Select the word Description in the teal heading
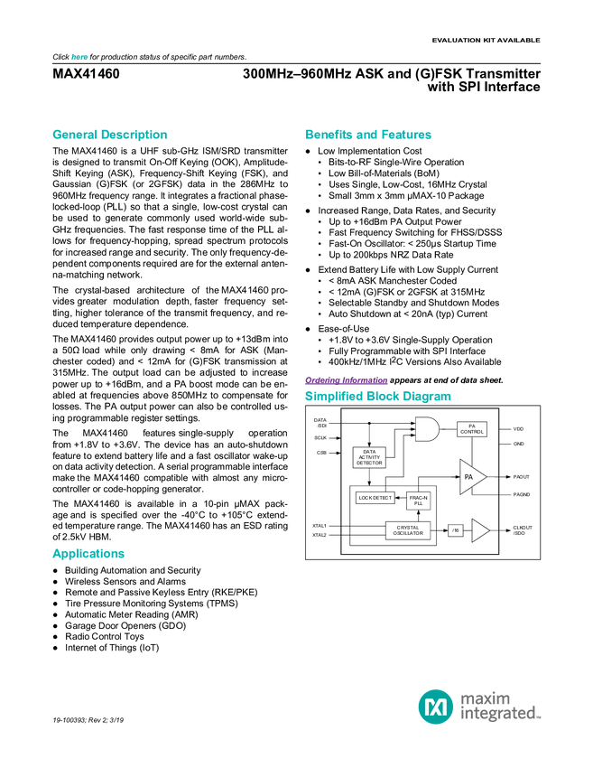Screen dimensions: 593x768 pos(134,136)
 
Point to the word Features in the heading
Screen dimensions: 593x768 pos(408,136)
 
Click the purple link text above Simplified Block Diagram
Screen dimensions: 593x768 pos(346,380)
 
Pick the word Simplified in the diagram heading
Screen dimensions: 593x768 pos(333,397)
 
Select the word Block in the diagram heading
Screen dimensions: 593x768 pos(384,397)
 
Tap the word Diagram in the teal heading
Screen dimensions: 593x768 pos(428,397)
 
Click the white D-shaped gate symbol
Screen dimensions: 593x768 pos(426,430)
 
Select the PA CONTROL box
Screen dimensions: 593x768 pos(472,430)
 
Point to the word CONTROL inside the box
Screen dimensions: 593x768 pos(472,433)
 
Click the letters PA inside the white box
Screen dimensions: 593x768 pos(472,426)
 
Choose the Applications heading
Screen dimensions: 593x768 pos(88,554)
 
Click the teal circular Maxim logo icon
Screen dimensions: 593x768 pos(435,706)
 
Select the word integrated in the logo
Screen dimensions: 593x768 pos(499,714)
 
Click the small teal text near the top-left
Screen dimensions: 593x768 pos(79,57)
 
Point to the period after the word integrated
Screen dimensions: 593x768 pos(540,717)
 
